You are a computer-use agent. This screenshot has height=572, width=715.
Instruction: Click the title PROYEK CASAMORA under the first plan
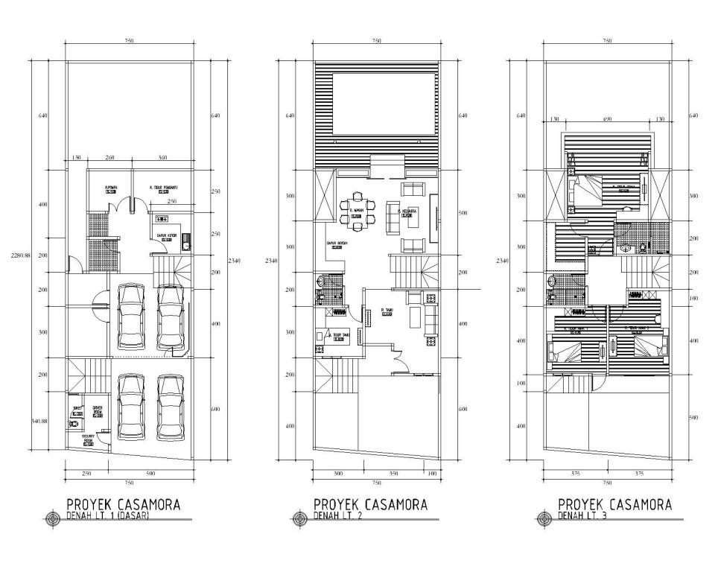pos(123,504)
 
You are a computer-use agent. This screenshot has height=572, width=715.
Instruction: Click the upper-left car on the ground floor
pos(132,316)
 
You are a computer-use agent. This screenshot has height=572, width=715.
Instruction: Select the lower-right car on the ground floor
pos(170,408)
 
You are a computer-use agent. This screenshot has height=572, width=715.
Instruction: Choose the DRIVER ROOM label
pos(97,410)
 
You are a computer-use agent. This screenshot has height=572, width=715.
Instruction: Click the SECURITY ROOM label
pos(80,438)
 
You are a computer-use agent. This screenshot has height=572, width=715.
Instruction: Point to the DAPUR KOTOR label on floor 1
pos(167,236)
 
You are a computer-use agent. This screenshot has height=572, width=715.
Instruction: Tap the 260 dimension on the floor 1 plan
pos(109,158)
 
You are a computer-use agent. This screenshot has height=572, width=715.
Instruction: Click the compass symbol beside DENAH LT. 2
pos(301,518)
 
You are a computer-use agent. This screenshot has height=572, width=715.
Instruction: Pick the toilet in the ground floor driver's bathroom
pos(72,424)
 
